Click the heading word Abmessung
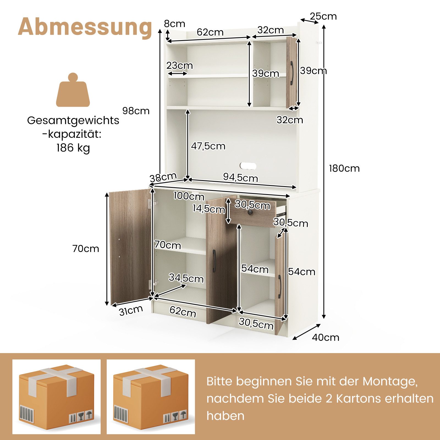click(85, 27)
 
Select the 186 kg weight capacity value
click(73, 148)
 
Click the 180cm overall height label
click(344, 168)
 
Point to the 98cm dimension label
click(136, 111)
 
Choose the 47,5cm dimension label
click(208, 146)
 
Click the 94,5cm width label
click(240, 178)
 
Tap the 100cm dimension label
click(189, 196)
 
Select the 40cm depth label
click(326, 337)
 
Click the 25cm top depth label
click(323, 16)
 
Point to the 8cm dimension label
click(175, 24)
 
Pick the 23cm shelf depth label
click(180, 65)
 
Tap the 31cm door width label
click(131, 311)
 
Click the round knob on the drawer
click(250, 213)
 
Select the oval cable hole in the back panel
click(248, 166)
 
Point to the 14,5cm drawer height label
click(209, 209)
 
